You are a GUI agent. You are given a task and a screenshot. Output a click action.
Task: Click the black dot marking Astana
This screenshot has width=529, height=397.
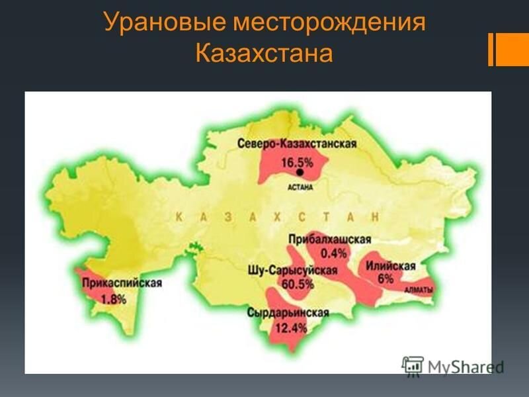coord(300,172)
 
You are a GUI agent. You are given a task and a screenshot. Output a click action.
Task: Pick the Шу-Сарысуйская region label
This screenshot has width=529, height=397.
coord(292,271)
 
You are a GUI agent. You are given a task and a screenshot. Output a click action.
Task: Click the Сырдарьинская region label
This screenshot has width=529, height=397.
coord(288,312)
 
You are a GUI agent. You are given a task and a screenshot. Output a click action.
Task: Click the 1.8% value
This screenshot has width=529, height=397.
coord(114,298)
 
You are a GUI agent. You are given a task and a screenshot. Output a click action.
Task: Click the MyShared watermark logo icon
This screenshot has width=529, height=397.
coord(413,365)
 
